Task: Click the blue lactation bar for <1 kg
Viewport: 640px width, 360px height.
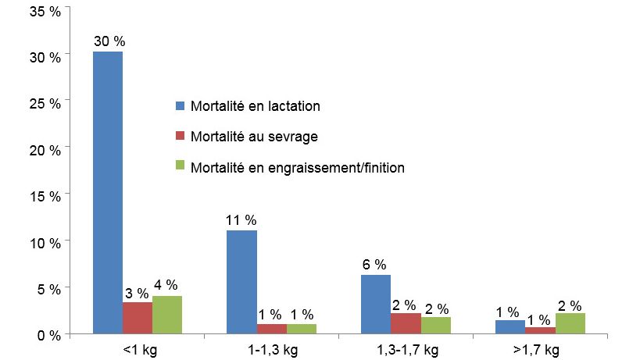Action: (108, 193)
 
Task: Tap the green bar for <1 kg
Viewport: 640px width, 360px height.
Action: (167, 315)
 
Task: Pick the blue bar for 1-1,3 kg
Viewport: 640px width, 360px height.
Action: (241, 282)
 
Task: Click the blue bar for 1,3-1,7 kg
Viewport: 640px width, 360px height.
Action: (376, 305)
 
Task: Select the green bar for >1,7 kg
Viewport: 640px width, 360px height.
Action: (570, 324)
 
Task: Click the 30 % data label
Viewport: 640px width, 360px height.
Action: (109, 41)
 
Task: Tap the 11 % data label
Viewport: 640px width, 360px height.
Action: (241, 220)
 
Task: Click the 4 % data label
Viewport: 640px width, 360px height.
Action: (166, 285)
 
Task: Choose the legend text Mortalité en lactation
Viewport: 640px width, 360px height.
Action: (255, 105)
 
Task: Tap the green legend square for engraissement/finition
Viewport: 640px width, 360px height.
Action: (180, 167)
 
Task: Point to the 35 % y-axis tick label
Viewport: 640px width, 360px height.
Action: (45, 12)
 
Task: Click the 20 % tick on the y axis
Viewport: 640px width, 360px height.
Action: (45, 150)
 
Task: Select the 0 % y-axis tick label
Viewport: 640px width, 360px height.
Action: (48, 335)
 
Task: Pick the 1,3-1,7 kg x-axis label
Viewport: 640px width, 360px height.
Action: (406, 350)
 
